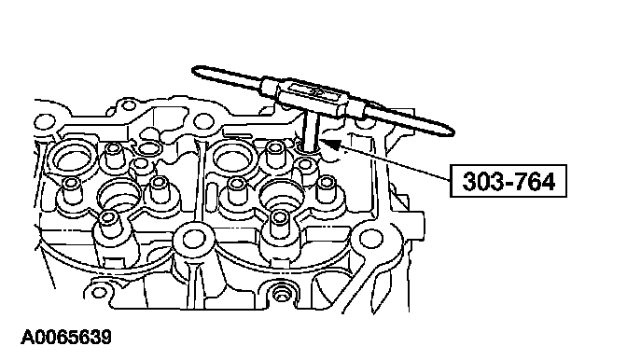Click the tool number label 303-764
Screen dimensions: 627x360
[x=509, y=181]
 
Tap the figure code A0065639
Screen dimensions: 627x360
[x=66, y=338]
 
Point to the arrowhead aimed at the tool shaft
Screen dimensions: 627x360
[x=330, y=144]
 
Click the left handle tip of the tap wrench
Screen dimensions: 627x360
[x=195, y=70]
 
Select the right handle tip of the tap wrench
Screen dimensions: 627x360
[x=451, y=132]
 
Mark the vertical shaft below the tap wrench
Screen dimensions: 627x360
[x=311, y=131]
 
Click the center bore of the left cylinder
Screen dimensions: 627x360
[x=120, y=196]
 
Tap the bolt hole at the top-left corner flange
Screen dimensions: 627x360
[x=43, y=121]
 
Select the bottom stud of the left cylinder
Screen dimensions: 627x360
[x=108, y=223]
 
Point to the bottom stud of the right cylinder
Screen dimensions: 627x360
[x=280, y=223]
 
